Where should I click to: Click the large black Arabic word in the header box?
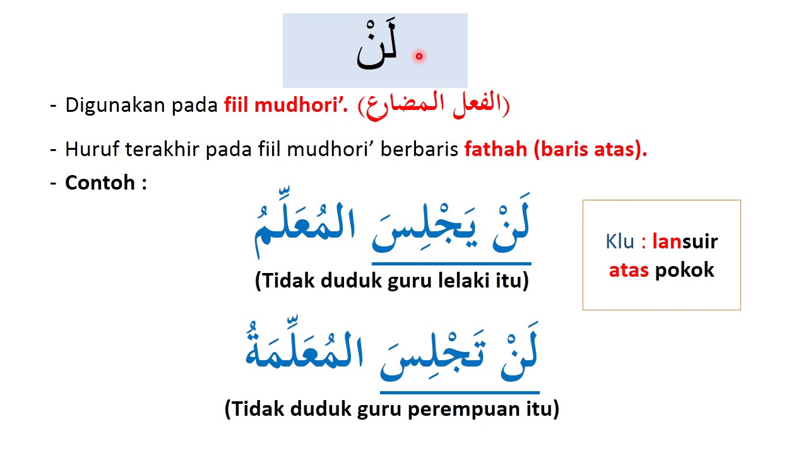point(377,49)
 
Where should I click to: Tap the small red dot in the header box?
point(419,57)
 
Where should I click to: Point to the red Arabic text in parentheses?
point(434,106)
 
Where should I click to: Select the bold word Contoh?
point(100,183)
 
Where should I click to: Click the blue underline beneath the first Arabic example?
point(451,263)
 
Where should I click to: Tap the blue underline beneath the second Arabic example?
point(460,392)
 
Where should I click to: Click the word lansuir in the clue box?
point(685,241)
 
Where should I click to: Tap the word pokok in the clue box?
point(684,270)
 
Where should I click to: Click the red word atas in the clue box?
point(629,270)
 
